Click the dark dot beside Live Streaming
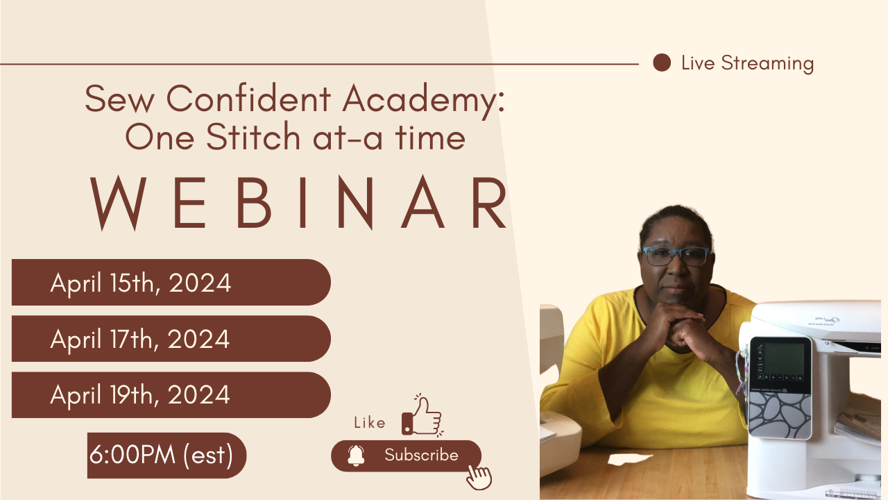point(662,63)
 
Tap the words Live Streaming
point(747,63)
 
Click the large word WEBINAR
point(300,203)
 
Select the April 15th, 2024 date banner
point(171,283)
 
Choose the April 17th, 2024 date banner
point(171,339)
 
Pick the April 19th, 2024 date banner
point(171,395)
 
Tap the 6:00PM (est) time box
point(166,456)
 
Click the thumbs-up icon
point(422,417)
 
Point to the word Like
point(369,423)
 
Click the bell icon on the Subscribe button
point(356,456)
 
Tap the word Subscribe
point(421,456)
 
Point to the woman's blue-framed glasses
point(676,256)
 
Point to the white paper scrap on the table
point(625,459)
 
